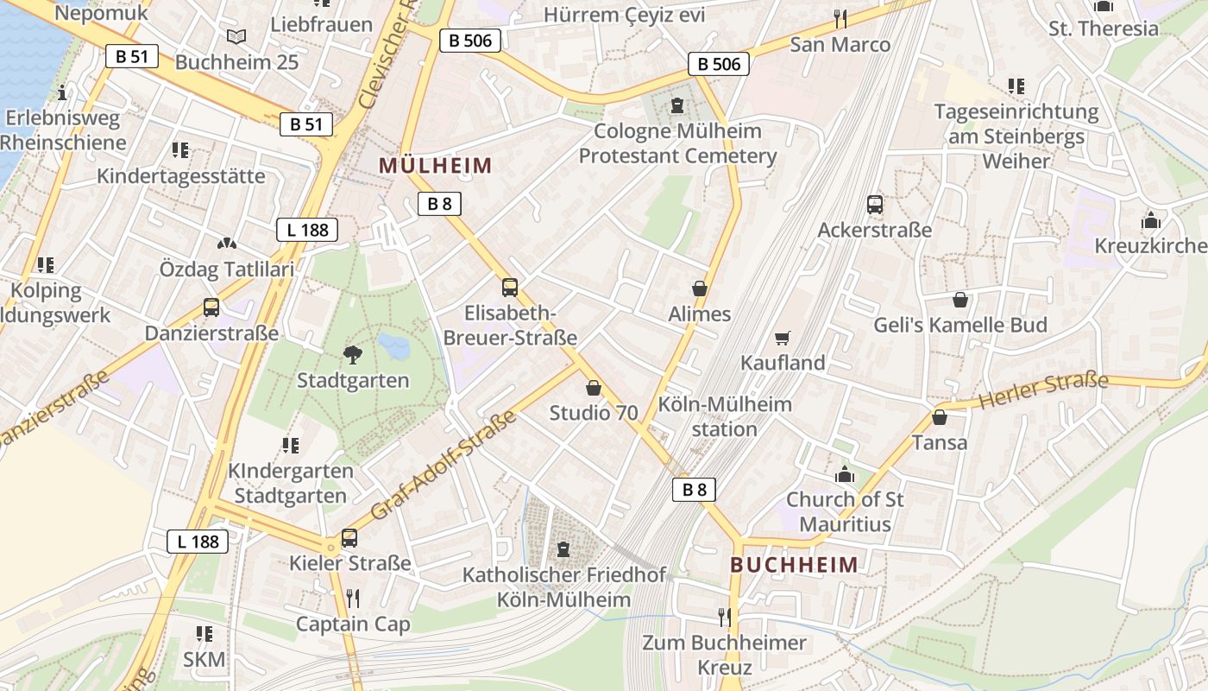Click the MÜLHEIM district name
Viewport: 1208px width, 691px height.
tap(436, 165)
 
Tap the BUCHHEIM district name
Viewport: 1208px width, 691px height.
tap(795, 565)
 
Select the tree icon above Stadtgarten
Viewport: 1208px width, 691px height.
tap(352, 352)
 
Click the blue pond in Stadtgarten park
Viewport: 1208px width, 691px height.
tap(394, 346)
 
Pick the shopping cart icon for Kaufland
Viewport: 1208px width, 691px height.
tap(783, 338)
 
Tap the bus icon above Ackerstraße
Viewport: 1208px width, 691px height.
tap(875, 205)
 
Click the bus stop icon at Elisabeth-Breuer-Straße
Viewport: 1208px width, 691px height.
tap(510, 288)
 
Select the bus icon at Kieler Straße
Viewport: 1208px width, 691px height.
tap(349, 538)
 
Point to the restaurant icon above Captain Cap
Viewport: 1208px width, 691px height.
tap(353, 598)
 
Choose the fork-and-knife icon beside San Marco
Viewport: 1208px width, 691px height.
tap(840, 18)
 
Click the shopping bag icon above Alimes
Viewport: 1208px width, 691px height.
tap(700, 288)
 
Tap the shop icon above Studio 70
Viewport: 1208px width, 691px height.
tap(594, 388)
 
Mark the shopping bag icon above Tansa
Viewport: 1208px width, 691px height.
tap(940, 417)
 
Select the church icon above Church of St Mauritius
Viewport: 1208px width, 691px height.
tap(845, 474)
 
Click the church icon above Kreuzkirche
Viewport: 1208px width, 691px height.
tap(1150, 220)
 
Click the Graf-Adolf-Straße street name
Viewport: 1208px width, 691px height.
tap(443, 466)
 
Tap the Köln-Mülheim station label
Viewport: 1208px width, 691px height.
tap(725, 416)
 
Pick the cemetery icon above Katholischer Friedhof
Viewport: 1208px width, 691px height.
tap(563, 548)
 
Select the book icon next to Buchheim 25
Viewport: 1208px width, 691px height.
tap(236, 36)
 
